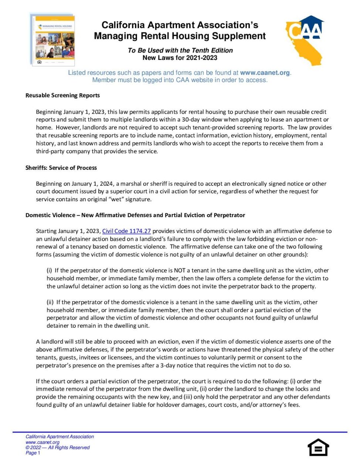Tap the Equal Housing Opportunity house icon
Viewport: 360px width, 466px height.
[x=318, y=448]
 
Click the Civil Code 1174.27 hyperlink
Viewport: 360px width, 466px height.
[x=126, y=231]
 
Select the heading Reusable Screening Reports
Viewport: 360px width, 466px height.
[x=62, y=95]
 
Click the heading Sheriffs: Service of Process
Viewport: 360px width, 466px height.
[x=61, y=168]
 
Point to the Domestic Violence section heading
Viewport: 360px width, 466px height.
[x=135, y=215]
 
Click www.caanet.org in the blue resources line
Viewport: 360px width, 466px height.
[x=265, y=73]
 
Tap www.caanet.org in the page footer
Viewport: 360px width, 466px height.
[x=43, y=442]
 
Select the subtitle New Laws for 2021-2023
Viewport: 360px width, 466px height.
[x=180, y=58]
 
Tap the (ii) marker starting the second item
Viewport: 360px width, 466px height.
[x=51, y=302]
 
